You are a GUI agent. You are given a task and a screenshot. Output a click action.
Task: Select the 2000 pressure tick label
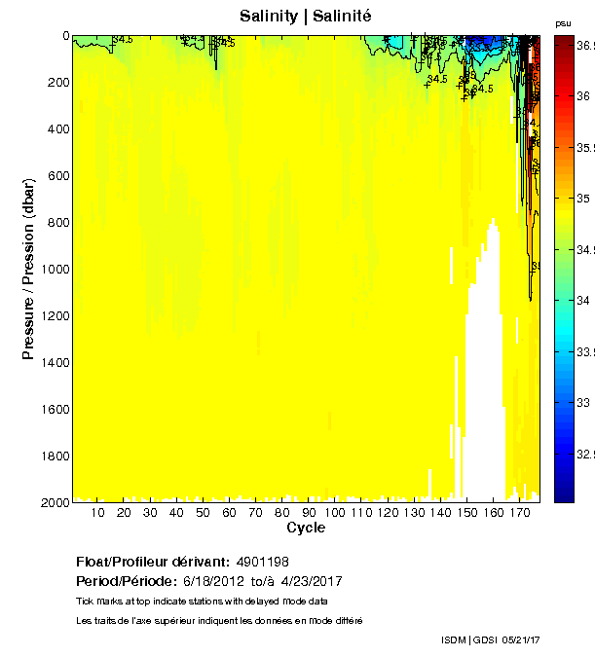tap(55, 502)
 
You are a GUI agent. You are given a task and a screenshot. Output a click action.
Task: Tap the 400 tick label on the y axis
tap(57, 128)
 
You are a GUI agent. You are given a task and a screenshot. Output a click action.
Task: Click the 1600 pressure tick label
tap(55, 409)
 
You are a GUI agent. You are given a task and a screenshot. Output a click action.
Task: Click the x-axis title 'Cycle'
tap(306, 528)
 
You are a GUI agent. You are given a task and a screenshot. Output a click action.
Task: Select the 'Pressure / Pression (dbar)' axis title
tap(28, 268)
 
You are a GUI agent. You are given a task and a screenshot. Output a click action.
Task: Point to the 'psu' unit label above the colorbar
tap(563, 22)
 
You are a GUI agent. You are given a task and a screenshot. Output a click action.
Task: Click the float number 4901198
tap(263, 562)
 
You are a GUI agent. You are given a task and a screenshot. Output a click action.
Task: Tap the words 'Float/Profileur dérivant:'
tap(153, 562)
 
